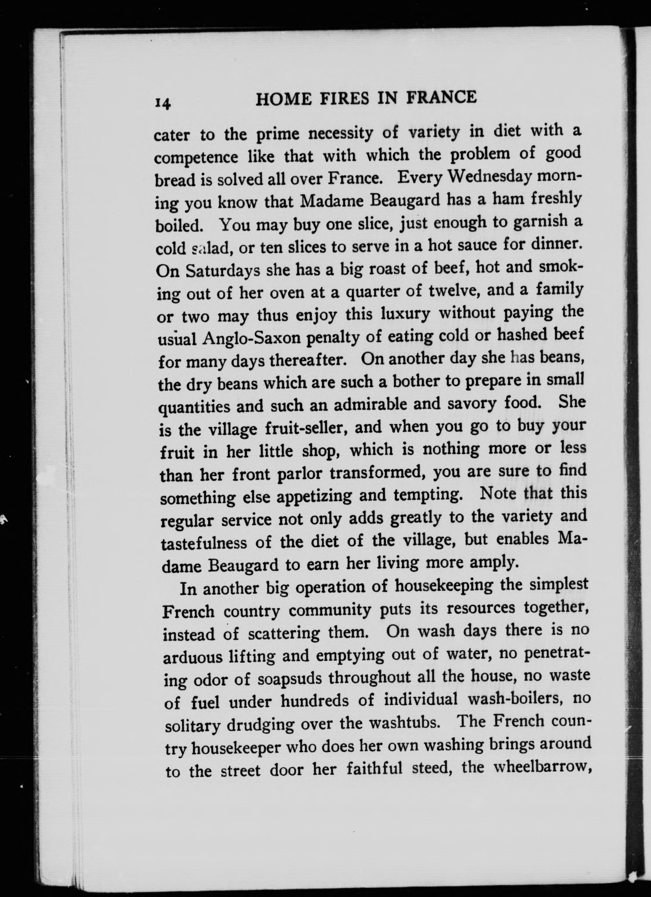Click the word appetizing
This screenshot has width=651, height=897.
point(313,496)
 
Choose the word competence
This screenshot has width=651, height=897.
point(196,158)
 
